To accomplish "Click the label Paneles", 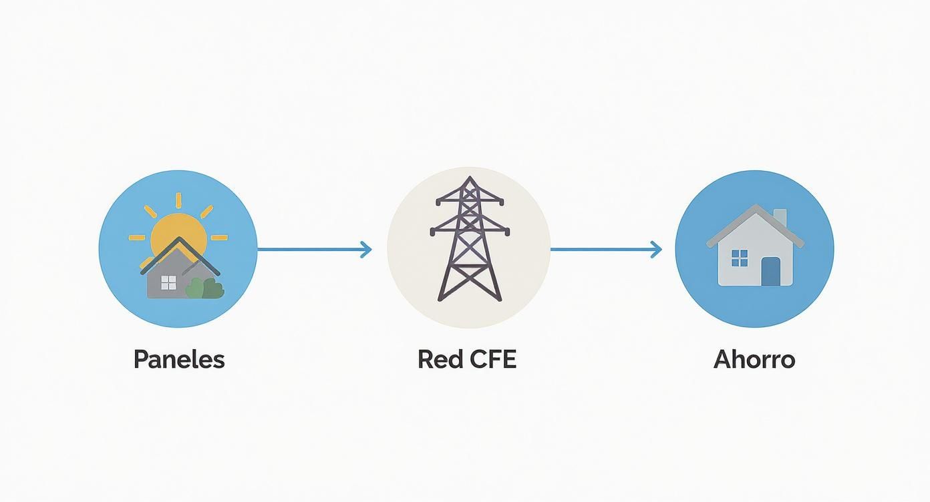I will [178, 360].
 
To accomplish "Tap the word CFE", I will [493, 360].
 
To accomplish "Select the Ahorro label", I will [754, 360].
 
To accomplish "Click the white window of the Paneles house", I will [168, 283].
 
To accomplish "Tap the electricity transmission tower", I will [468, 240].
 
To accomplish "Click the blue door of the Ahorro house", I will [770, 271].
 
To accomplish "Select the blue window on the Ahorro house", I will [740, 258].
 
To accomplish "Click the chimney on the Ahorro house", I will [780, 217].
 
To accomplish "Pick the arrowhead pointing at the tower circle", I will [365, 250].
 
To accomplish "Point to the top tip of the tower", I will [469, 178].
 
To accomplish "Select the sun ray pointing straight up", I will [178, 200].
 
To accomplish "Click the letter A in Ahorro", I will [723, 360].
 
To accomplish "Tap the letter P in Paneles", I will [140, 360].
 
